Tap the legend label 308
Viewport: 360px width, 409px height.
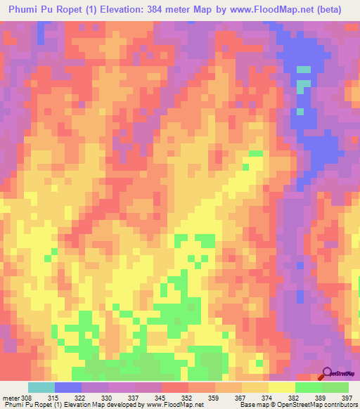click(32, 396)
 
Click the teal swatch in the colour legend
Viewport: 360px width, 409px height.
click(41, 387)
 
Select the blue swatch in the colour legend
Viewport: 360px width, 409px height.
click(68, 387)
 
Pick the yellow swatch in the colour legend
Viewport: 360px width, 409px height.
click(282, 387)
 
